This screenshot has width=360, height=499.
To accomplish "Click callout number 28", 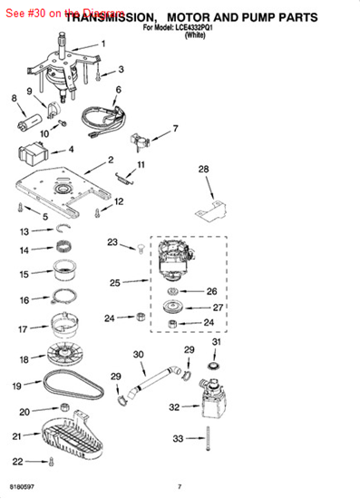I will [204, 169].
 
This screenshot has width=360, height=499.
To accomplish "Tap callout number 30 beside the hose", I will [139, 354].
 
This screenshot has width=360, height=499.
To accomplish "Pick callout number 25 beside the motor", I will [113, 283].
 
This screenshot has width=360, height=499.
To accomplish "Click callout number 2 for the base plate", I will [110, 161].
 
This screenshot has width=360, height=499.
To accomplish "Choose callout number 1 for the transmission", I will [102, 44].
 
